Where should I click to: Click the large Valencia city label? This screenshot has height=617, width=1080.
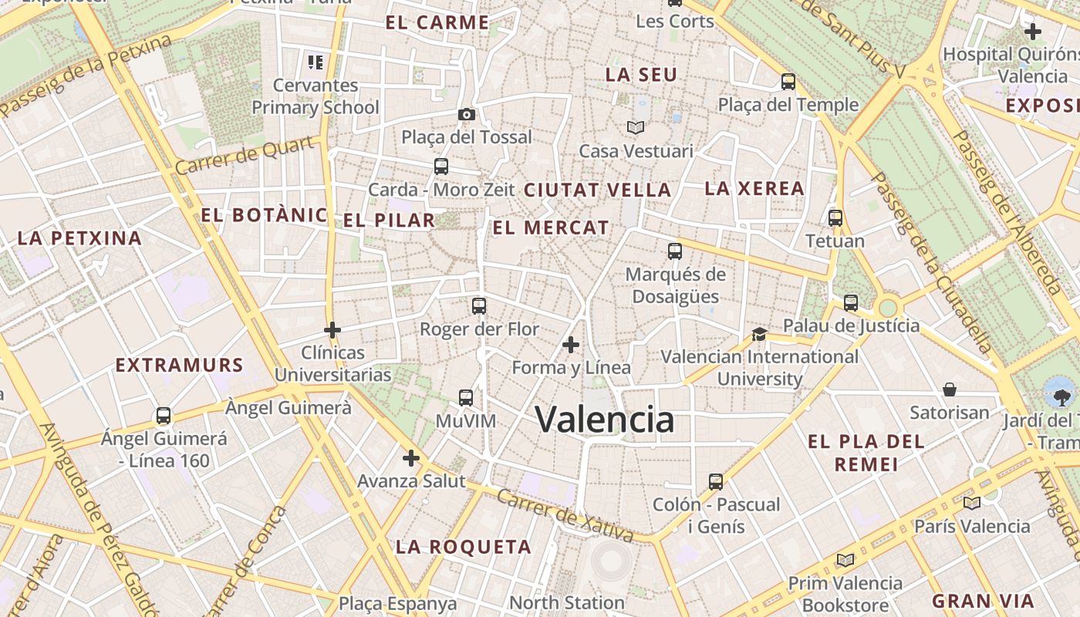click(605, 420)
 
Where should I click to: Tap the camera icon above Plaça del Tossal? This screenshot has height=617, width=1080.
click(466, 115)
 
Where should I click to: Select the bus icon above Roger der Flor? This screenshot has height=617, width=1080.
click(479, 306)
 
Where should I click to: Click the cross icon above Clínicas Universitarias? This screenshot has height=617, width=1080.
click(332, 330)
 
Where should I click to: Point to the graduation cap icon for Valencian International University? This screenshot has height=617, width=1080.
click(760, 334)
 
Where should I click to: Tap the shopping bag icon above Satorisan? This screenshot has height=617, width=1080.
click(950, 389)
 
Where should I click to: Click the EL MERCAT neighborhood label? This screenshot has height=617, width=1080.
click(551, 228)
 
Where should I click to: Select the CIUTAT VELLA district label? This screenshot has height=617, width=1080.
click(598, 190)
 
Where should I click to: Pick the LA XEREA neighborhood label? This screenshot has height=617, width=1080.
click(754, 188)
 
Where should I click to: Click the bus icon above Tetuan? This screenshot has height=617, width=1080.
click(835, 218)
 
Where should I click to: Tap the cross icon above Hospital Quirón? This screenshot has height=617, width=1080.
click(1032, 32)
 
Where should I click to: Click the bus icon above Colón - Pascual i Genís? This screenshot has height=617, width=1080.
click(716, 482)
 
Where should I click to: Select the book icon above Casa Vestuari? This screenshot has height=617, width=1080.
click(636, 127)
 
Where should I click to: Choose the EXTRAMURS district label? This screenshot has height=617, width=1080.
click(180, 365)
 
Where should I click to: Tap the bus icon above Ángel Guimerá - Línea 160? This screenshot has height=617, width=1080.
click(164, 416)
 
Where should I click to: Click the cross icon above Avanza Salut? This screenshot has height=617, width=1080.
click(411, 459)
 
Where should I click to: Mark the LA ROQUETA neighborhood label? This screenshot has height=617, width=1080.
click(464, 548)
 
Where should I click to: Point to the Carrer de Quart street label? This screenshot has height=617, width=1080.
click(245, 156)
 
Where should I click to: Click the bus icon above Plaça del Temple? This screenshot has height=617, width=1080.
click(788, 82)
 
